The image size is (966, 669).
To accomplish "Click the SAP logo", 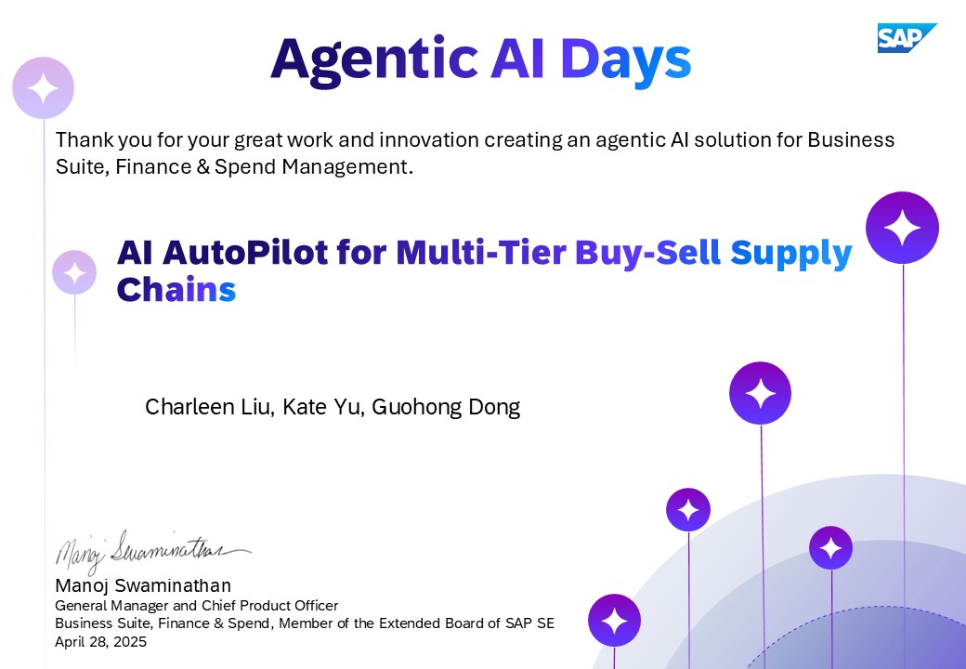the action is (x=907, y=38).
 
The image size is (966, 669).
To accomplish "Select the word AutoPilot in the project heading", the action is (x=245, y=252).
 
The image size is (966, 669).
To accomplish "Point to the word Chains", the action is (x=176, y=289).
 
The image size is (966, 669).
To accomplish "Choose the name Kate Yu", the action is (x=322, y=407).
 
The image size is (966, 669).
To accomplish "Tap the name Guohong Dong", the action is (x=446, y=407).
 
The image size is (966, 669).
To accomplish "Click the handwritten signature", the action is (x=152, y=551).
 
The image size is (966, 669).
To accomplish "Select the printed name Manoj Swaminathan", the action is (x=143, y=585).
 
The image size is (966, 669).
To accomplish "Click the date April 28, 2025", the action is (x=101, y=642).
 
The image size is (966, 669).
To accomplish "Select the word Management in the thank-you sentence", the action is (x=347, y=167).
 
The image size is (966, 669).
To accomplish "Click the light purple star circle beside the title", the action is (x=43, y=87).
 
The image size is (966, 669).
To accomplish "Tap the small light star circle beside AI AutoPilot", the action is (x=74, y=272).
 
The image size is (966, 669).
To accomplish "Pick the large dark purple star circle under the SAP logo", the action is (x=902, y=228).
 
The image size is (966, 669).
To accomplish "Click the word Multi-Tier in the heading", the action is (x=480, y=252).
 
